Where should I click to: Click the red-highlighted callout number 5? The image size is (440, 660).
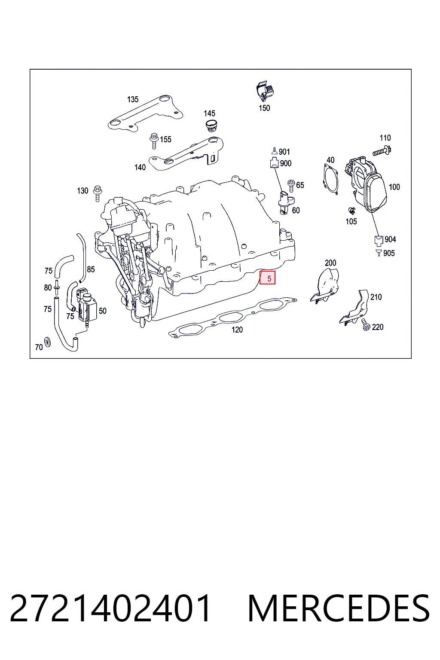click(x=267, y=278)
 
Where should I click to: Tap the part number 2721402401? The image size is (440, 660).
click(x=110, y=608)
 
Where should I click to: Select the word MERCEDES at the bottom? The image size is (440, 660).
click(x=339, y=608)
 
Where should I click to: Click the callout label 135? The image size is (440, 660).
click(x=133, y=99)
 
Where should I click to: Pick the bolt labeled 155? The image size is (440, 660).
click(x=154, y=141)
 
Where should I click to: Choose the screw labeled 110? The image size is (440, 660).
click(x=382, y=151)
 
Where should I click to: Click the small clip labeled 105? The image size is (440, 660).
click(x=351, y=211)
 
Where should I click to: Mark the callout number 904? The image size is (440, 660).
click(x=390, y=239)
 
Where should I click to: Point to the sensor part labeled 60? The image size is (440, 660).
click(x=286, y=203)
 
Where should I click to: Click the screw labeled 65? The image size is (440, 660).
click(x=291, y=185)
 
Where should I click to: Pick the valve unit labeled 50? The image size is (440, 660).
click(x=87, y=305)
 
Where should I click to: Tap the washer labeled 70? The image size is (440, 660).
click(x=47, y=341)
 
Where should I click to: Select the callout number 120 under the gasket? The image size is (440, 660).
click(x=237, y=330)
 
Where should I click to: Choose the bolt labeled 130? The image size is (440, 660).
click(x=98, y=193)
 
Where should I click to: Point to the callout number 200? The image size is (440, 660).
click(x=330, y=263)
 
